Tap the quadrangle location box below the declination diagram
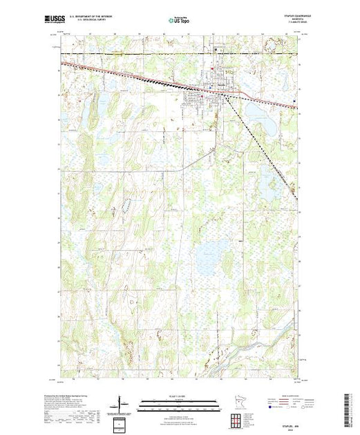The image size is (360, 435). (x=120, y=422)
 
